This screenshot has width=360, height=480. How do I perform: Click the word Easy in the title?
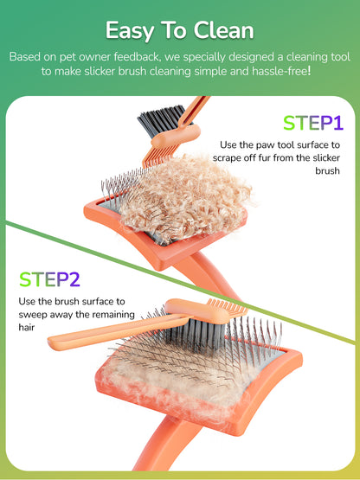(132, 30)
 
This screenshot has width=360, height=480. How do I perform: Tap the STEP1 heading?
(312, 123)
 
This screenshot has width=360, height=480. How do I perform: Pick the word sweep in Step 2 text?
(34, 315)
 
